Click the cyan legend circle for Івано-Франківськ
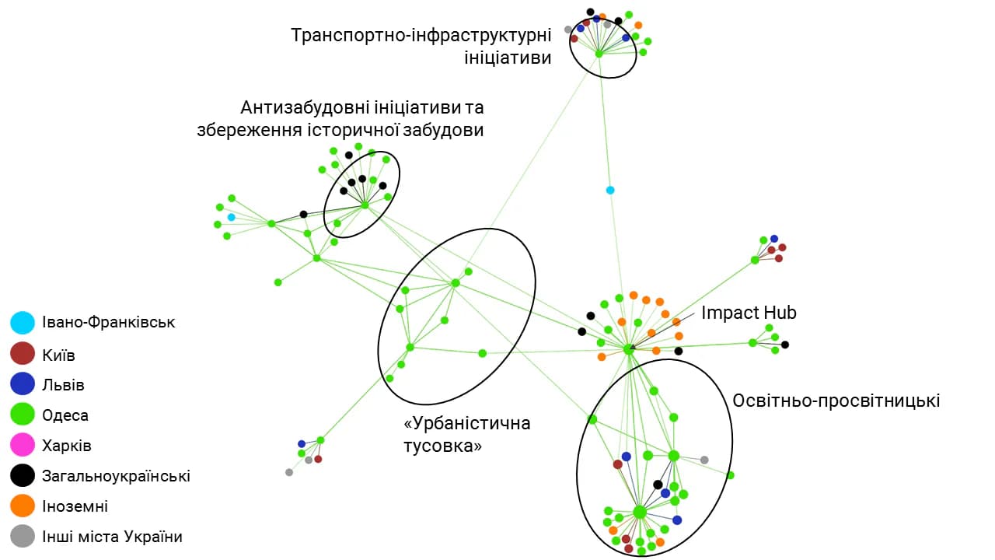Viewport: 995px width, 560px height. tap(23, 322)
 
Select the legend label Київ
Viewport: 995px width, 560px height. tap(58, 355)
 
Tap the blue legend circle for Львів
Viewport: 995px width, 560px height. tap(23, 383)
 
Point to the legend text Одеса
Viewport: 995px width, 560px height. tap(65, 415)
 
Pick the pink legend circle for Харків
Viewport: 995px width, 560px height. tap(23, 445)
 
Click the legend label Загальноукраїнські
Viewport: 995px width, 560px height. tap(116, 476)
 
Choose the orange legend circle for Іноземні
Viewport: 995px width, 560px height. tap(23, 506)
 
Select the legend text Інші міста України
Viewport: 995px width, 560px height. tap(113, 537)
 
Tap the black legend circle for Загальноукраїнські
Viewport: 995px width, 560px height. tap(23, 475)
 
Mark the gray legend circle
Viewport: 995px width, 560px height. tap(23, 536)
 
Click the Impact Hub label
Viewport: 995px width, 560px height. tap(749, 313)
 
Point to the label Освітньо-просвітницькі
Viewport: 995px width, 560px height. tap(836, 401)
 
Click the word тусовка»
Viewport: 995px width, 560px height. tap(442, 446)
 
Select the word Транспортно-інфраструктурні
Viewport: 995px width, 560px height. tap(421, 36)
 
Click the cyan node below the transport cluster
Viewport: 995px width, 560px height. tap(610, 191)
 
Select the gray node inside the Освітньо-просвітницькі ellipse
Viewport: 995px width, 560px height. tap(704, 460)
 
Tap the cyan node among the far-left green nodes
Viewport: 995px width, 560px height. tap(231, 217)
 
